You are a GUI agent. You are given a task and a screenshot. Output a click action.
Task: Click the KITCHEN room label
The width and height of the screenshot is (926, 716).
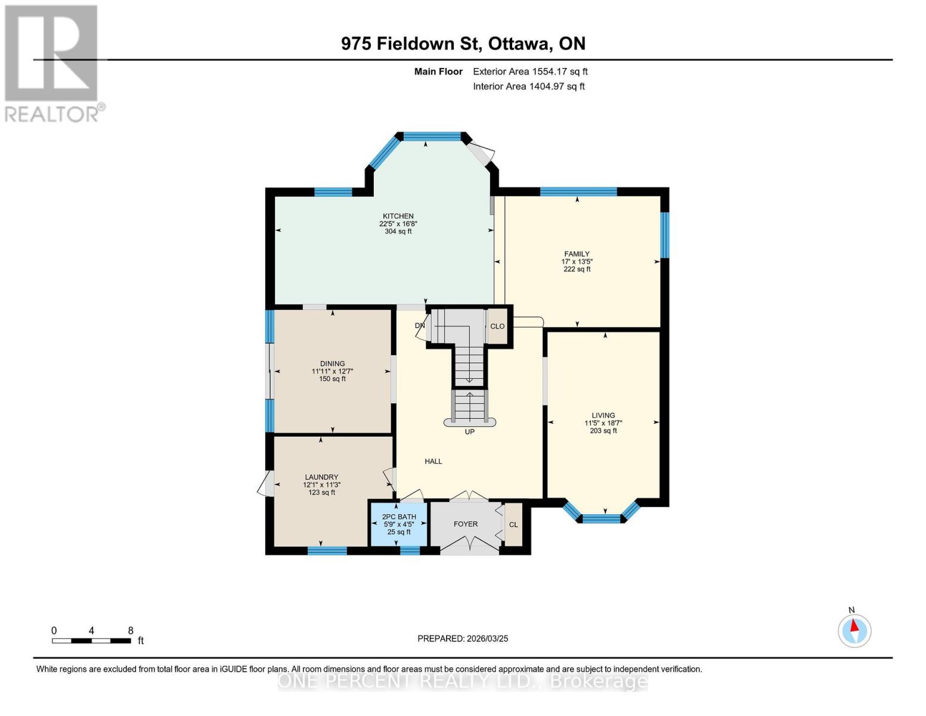click(398, 216)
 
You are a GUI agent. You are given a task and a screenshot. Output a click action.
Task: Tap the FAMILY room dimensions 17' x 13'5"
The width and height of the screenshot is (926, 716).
click(577, 261)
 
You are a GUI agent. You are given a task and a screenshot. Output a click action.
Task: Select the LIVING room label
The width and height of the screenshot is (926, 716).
click(603, 415)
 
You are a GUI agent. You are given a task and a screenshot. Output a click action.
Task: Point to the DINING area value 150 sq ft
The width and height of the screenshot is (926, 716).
click(332, 379)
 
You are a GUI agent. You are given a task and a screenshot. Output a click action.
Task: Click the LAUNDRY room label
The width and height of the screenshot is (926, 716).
click(321, 477)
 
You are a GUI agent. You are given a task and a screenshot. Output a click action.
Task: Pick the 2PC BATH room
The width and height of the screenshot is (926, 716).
click(398, 524)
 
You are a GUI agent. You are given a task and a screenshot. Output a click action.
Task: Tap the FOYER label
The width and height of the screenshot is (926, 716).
click(465, 524)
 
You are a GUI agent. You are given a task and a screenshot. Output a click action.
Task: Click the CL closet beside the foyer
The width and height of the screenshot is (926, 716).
click(513, 524)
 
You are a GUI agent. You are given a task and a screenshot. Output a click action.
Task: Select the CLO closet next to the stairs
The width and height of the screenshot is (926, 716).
click(497, 326)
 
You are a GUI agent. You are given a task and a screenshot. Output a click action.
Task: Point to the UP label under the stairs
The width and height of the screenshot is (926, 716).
click(469, 431)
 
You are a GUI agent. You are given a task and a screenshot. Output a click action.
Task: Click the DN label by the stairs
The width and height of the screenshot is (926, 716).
click(420, 326)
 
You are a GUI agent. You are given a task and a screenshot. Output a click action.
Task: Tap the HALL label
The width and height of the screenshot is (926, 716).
click(433, 461)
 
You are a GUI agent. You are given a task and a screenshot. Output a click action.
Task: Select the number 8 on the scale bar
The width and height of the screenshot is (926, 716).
click(131, 631)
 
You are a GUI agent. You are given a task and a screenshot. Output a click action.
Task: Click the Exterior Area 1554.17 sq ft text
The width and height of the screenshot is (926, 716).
click(530, 72)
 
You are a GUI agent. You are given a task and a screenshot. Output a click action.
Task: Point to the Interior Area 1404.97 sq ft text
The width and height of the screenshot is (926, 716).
click(528, 87)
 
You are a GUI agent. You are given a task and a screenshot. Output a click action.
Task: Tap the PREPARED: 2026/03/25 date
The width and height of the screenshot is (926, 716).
click(463, 638)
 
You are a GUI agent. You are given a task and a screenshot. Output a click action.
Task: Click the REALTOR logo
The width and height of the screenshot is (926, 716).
click(52, 63)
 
